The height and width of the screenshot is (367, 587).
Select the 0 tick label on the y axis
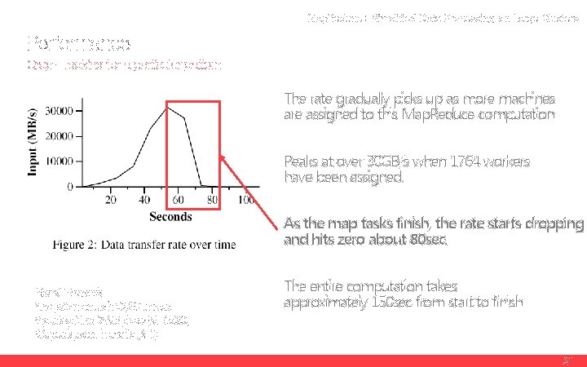point(71,187)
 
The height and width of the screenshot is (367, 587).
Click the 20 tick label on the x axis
point(111,200)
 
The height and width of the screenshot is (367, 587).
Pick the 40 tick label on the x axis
point(145,200)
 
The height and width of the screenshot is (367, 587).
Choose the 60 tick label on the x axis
point(179,200)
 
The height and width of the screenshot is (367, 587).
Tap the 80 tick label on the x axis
point(213,200)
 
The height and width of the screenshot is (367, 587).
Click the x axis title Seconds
point(170,216)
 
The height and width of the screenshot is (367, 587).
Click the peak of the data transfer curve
point(167,107)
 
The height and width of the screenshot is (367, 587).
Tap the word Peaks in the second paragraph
point(300,160)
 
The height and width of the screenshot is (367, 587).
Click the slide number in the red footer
point(567,360)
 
